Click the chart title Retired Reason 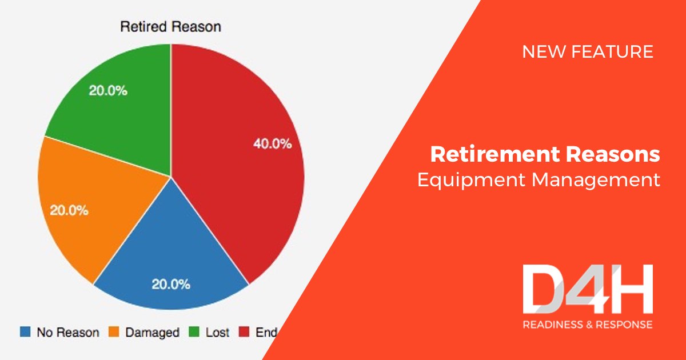click(170, 27)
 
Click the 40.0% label click(272, 144)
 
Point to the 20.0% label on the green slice click(108, 91)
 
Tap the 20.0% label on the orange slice click(69, 210)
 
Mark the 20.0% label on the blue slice click(170, 285)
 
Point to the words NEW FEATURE click(588, 52)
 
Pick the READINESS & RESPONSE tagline click(587, 325)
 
